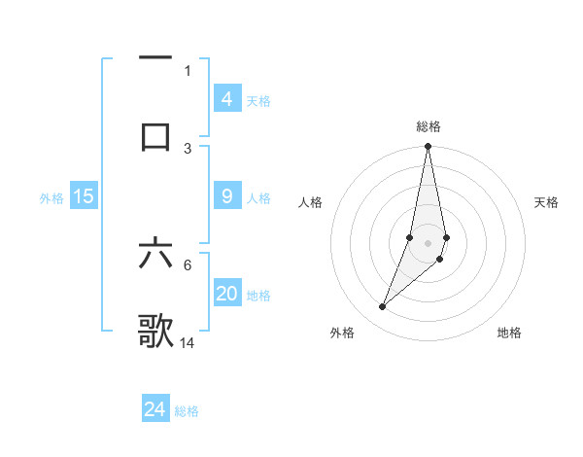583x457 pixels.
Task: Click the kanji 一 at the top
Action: tap(155, 57)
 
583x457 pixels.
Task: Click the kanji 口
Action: tap(155, 135)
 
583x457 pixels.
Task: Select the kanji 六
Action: tap(155, 254)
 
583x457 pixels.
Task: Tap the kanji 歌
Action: tap(155, 331)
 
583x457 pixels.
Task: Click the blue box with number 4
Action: tap(226, 98)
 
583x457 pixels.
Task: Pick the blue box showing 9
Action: tap(226, 196)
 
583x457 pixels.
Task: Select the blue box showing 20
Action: tap(226, 294)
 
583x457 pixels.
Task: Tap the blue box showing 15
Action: tap(84, 196)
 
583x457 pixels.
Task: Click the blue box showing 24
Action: tap(154, 409)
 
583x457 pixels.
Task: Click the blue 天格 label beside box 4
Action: tap(258, 100)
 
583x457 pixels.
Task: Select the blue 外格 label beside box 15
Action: tap(51, 197)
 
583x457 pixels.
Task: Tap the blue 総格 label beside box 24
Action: tap(187, 411)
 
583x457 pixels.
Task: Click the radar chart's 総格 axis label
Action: tap(429, 126)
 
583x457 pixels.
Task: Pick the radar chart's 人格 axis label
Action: tap(311, 202)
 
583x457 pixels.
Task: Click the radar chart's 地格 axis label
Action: tap(509, 333)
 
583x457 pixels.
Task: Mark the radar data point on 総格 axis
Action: tap(428, 147)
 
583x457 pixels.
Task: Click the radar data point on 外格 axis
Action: tap(383, 307)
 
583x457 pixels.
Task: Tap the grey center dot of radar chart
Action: tap(428, 242)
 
